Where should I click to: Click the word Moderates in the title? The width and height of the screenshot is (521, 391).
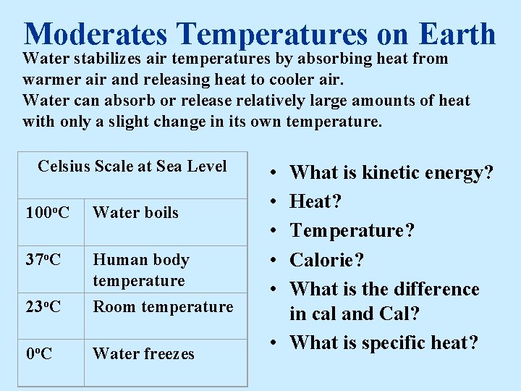click(96, 33)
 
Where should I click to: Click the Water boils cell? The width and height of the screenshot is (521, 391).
click(135, 213)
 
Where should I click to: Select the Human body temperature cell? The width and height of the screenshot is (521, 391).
click(140, 269)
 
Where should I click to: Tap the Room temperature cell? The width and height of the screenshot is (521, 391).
click(163, 307)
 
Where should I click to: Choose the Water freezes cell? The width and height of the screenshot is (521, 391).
click(143, 354)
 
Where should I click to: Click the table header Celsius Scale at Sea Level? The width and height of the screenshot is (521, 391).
click(132, 167)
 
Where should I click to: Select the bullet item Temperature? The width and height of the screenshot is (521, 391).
click(352, 230)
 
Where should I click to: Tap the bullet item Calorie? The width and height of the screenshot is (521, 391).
click(326, 259)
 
